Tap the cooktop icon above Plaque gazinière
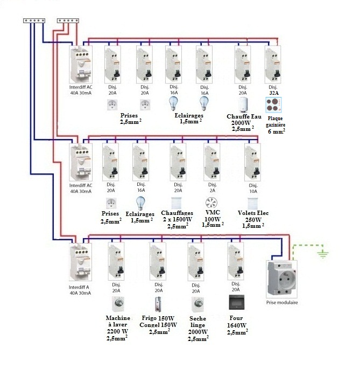pyautogui.click(x=274, y=104)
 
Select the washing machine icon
pyautogui.click(x=116, y=304)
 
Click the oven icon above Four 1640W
pyautogui.click(x=236, y=301)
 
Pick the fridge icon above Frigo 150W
pyautogui.click(x=159, y=304)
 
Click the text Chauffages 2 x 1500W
pyautogui.click(x=178, y=217)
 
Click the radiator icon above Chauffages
pyautogui.click(x=177, y=203)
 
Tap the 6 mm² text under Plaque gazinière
pyautogui.click(x=276, y=131)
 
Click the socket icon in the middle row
pyautogui.click(x=111, y=203)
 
